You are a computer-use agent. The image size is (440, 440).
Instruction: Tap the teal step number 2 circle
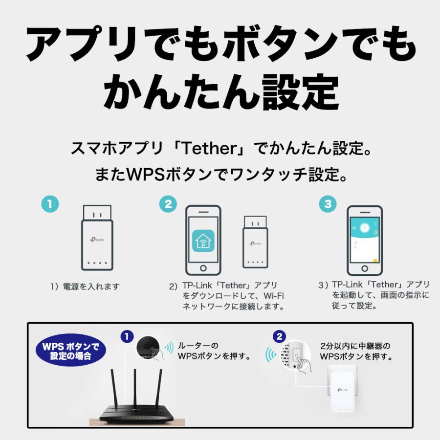pyautogui.click(x=168, y=204)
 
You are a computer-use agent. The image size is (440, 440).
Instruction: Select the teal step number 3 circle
pyautogui.click(x=327, y=204)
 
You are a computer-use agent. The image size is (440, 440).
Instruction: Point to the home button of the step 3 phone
pyautogui.click(x=364, y=269)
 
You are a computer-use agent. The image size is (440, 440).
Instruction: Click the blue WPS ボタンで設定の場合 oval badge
pyautogui.click(x=70, y=350)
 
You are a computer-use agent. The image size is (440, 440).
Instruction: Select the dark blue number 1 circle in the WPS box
pyautogui.click(x=127, y=336)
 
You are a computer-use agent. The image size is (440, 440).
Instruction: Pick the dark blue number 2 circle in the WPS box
pyautogui.click(x=279, y=336)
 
